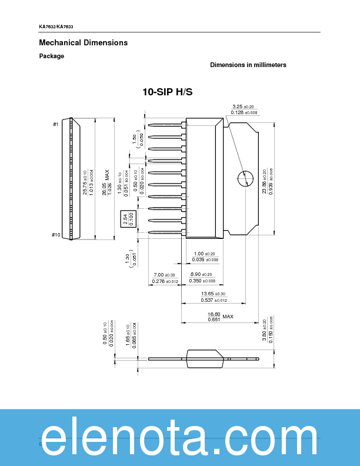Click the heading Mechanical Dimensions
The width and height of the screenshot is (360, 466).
click(x=83, y=43)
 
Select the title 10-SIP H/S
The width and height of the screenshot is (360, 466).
click(x=167, y=92)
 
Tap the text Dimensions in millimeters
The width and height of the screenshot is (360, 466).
click(x=248, y=65)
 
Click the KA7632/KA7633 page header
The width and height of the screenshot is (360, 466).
click(x=56, y=28)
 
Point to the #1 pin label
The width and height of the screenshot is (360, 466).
click(x=56, y=124)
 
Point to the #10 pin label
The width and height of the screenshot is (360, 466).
click(x=56, y=235)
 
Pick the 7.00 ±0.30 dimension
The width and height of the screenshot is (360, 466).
click(x=165, y=275)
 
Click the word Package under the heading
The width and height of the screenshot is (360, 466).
click(x=52, y=56)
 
